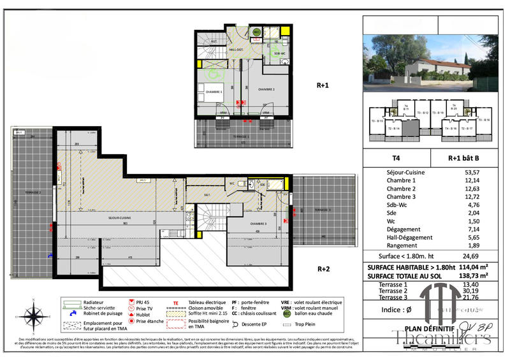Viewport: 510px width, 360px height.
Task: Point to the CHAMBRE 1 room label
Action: [x=214, y=92]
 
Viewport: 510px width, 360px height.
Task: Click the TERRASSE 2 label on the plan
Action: [x=33, y=192]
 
